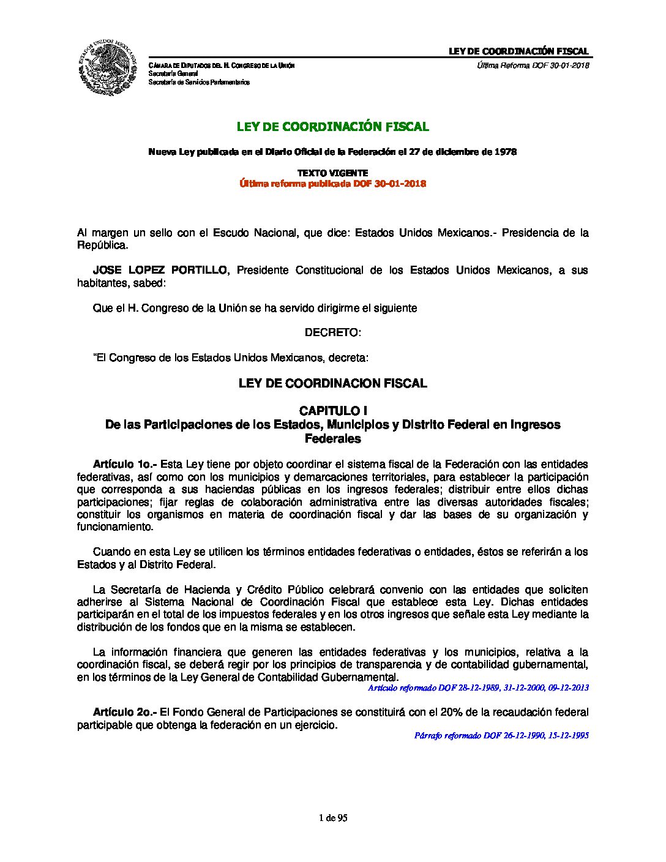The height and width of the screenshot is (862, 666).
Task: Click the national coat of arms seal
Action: click(106, 69)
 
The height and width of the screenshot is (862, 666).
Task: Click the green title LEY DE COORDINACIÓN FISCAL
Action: click(333, 127)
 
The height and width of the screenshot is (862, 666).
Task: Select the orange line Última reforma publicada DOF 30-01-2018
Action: click(333, 184)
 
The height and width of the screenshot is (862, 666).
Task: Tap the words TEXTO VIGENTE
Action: click(333, 173)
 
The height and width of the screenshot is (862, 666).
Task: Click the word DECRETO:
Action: click(333, 332)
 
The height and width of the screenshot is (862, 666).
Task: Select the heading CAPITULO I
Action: click(333, 410)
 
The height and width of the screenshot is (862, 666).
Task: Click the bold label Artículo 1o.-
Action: click(125, 464)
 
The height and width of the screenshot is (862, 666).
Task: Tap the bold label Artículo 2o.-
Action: click(125, 712)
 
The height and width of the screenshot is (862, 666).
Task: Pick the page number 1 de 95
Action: click(333, 818)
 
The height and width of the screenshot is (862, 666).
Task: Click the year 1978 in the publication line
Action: click(506, 152)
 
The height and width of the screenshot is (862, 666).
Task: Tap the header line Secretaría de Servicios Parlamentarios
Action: click(199, 82)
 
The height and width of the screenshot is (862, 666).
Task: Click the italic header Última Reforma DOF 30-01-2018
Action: click(533, 66)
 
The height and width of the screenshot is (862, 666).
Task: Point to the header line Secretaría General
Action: click(173, 73)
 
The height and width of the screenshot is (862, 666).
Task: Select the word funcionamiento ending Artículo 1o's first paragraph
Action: click(114, 527)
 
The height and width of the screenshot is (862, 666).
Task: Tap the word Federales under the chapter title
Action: click(333, 438)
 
